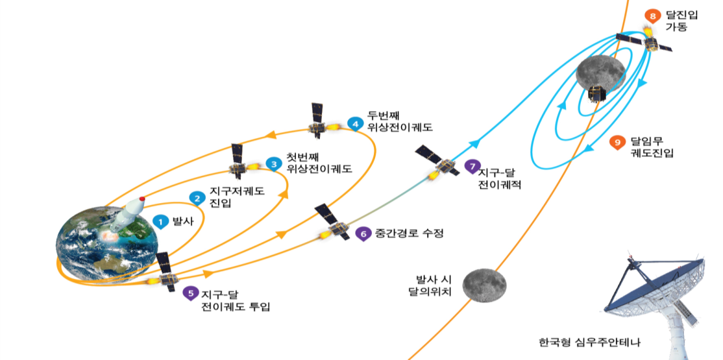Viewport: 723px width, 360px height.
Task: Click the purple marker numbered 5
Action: point(190,293)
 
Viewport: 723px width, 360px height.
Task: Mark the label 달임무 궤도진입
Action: point(652,147)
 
